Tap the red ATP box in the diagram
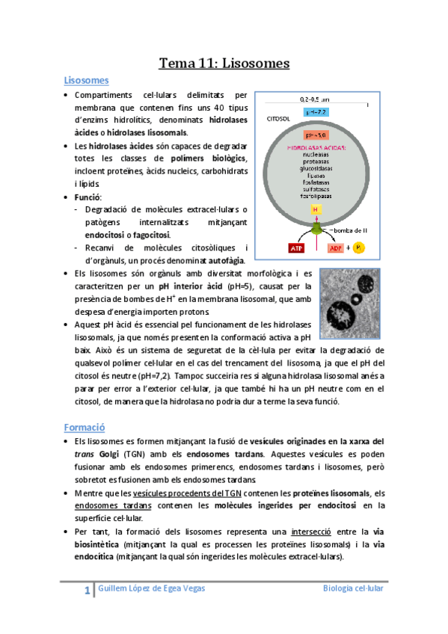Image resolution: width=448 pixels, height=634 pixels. pos(293,247)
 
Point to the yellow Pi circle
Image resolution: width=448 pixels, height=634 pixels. pos(359,247)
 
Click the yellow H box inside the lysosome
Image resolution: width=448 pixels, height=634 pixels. pos(316,210)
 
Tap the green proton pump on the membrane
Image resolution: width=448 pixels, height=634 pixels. pos(316,227)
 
